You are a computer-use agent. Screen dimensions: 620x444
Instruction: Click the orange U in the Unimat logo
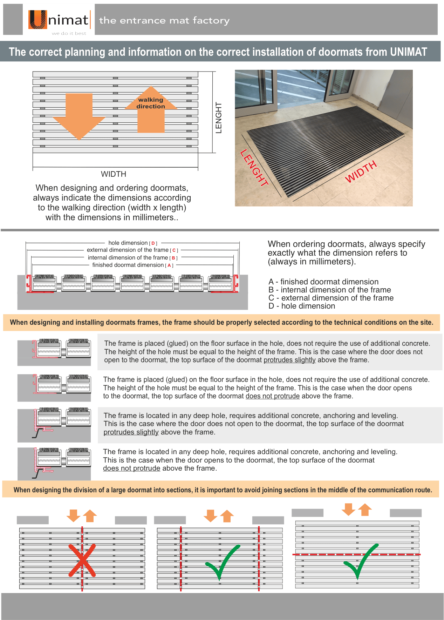click(x=37, y=20)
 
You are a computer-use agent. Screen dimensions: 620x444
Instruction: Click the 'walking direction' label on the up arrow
click(x=151, y=103)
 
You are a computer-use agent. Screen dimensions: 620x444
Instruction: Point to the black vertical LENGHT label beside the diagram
click(x=219, y=118)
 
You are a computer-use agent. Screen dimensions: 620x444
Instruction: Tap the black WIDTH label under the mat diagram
click(x=114, y=174)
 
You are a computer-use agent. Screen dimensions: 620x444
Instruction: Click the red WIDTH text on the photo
click(x=361, y=171)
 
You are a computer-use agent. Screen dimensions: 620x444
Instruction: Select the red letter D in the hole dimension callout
click(x=153, y=243)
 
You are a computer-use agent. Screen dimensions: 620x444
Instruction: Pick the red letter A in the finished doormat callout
click(x=169, y=265)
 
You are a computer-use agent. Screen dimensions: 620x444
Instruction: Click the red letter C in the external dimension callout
click(x=174, y=250)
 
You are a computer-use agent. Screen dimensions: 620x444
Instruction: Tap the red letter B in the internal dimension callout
click(x=173, y=258)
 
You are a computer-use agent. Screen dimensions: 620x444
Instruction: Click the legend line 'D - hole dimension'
click(x=302, y=306)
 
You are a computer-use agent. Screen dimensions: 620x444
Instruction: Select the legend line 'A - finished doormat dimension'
click(x=323, y=282)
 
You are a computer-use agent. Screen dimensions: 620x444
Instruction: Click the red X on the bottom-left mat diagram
click(x=82, y=560)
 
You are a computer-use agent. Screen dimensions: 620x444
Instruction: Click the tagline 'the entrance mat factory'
click(x=164, y=20)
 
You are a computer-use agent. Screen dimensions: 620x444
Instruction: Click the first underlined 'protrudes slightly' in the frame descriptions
click(x=289, y=360)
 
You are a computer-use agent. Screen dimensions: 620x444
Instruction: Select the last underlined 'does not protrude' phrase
click(x=131, y=469)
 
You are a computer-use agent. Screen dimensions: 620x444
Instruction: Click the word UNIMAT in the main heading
click(x=408, y=52)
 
